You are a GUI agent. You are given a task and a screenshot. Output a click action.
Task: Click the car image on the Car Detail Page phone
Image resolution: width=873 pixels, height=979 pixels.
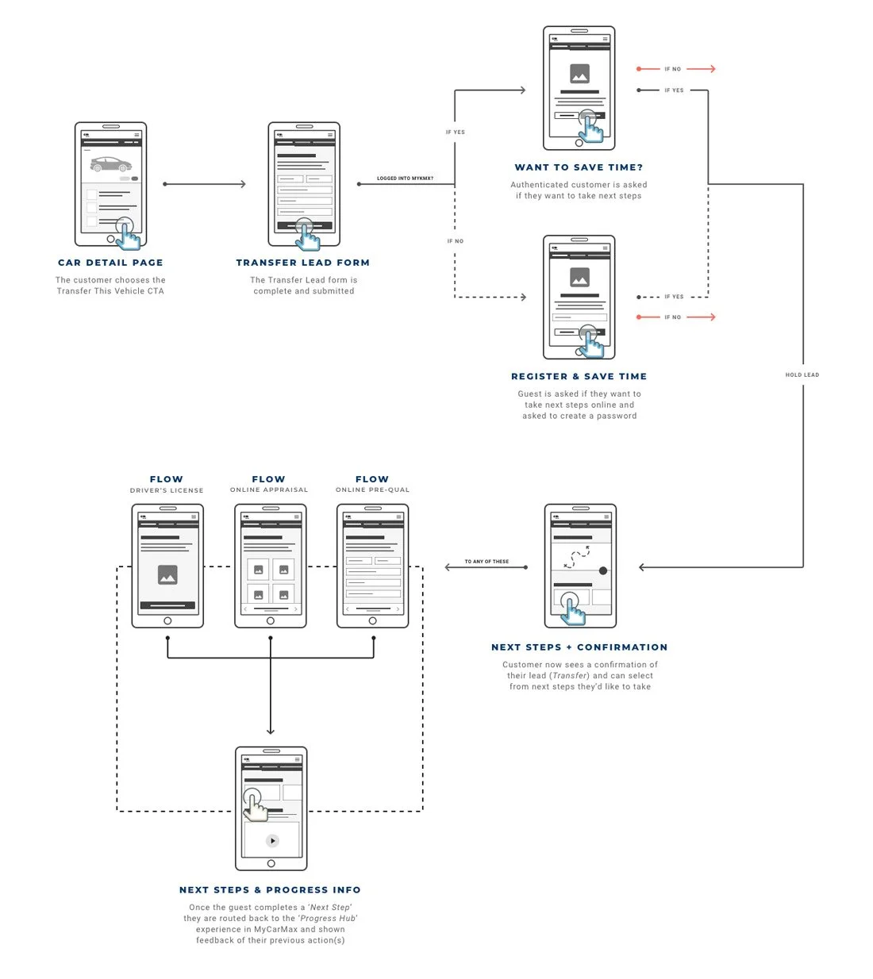[x=110, y=164]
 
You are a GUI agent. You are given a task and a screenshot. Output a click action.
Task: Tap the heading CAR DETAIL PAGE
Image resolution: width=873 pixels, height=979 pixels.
[x=110, y=263]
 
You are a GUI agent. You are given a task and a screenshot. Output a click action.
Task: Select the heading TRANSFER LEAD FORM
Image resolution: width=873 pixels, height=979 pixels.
[x=303, y=263]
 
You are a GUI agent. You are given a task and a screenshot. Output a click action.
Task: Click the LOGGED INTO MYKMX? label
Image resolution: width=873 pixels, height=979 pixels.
[x=405, y=179]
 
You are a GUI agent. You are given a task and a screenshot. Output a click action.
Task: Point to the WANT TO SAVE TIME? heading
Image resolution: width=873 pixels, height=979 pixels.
[x=579, y=167]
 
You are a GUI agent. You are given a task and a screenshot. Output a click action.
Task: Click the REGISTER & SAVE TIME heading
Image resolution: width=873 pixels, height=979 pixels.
[x=579, y=376]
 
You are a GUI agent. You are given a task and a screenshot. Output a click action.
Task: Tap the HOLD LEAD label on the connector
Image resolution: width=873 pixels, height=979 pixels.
[x=802, y=374]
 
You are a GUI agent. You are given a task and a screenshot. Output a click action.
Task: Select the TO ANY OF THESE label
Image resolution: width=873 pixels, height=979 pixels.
[x=486, y=562]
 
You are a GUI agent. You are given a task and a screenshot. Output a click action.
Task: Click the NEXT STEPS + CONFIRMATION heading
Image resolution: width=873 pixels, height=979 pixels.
[x=579, y=647]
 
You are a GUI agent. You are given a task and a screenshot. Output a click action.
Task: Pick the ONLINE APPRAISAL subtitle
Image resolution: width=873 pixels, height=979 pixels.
[x=269, y=489]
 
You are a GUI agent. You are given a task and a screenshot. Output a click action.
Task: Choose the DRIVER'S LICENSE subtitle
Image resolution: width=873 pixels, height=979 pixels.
[x=167, y=490]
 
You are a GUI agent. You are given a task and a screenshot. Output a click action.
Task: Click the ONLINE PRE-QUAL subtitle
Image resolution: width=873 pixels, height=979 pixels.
[x=372, y=489]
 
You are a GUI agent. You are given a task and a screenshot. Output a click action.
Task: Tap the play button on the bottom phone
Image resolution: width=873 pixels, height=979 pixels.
[x=272, y=841]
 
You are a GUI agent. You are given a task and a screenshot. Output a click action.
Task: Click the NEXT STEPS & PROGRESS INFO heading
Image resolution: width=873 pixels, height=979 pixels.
[x=270, y=889]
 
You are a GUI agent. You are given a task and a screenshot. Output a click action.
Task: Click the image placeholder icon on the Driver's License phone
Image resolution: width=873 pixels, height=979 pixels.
[x=167, y=575]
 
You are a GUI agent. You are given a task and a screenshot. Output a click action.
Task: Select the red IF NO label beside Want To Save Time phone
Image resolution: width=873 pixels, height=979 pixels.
[x=672, y=69]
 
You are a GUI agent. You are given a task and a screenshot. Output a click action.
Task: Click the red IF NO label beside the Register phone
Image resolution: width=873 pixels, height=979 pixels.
[x=672, y=317]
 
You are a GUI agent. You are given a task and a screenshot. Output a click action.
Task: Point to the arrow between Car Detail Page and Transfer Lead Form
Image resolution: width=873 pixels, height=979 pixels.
[x=205, y=184]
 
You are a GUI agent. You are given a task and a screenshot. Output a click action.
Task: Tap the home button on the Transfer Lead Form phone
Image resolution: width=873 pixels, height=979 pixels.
[x=304, y=239]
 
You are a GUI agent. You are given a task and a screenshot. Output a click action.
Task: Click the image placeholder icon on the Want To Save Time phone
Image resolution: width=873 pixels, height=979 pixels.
[x=579, y=74]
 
